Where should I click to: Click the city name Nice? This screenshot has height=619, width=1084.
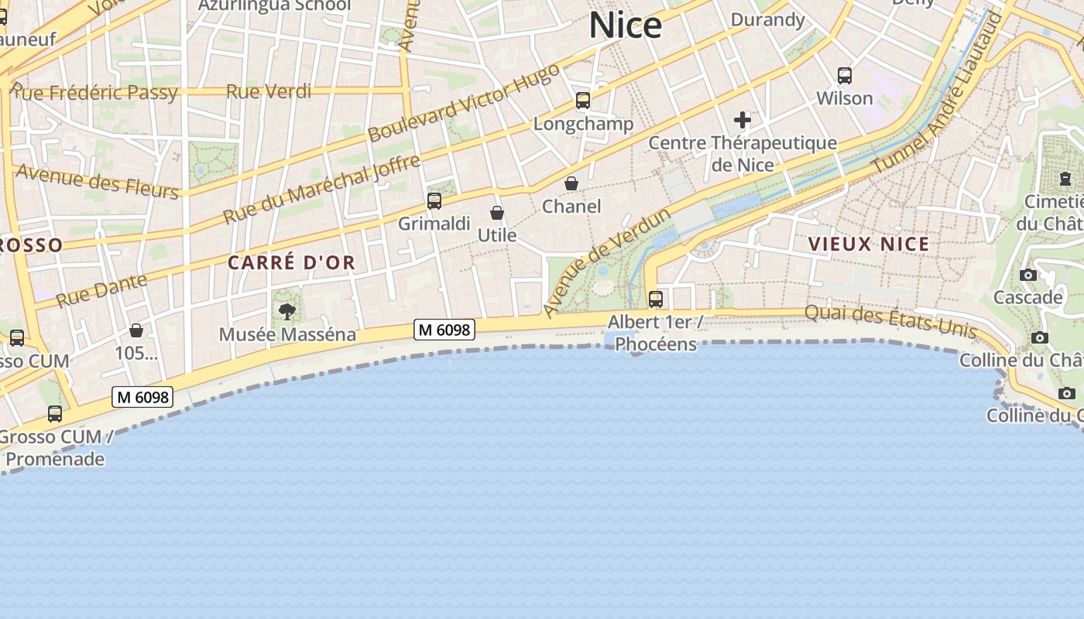[x=626, y=26]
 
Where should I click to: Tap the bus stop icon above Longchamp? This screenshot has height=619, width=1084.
[x=583, y=101]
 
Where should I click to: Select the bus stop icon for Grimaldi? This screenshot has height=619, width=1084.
[x=434, y=201]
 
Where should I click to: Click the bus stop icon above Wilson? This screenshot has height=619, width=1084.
[x=845, y=76]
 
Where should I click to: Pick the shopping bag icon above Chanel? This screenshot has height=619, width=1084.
[x=571, y=183]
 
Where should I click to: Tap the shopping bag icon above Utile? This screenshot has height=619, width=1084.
[x=497, y=213]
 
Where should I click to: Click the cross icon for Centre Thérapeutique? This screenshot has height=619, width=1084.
[x=743, y=120]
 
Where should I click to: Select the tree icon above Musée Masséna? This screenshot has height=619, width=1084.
[x=287, y=312]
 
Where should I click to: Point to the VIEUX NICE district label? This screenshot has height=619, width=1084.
[x=869, y=245]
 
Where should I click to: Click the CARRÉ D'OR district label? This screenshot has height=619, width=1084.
[x=292, y=263]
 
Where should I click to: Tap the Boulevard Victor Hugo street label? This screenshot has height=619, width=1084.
[x=463, y=102]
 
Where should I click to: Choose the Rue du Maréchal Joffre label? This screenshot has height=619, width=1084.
[x=322, y=189]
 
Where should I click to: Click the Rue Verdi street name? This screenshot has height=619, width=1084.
[x=269, y=92]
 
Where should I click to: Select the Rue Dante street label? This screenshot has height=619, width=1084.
[x=101, y=290]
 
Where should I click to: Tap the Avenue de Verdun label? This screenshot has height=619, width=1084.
[x=606, y=262]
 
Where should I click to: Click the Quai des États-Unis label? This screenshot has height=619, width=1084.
[x=890, y=320]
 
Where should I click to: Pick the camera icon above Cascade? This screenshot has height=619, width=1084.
[x=1028, y=275]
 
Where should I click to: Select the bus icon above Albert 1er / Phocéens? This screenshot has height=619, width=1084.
[x=656, y=299]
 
